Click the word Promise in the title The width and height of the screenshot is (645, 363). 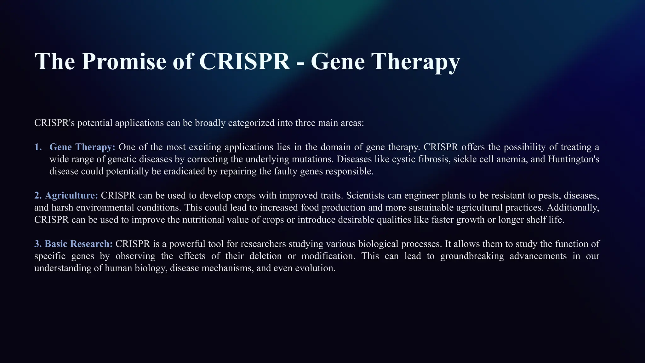123,61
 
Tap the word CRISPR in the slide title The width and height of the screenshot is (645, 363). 244,61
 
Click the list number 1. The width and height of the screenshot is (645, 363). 38,147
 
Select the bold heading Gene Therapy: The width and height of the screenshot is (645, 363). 83,147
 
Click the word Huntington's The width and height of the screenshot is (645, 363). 573,159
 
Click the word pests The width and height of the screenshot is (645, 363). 549,196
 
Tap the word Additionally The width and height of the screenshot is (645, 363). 573,208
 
